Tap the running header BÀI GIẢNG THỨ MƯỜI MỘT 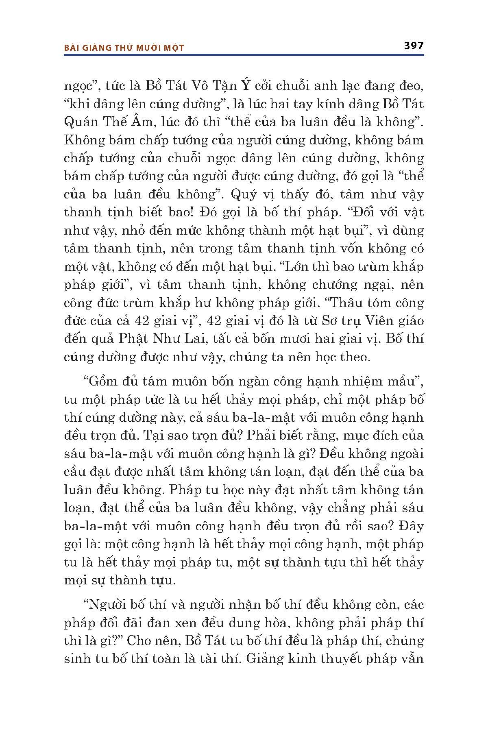(124, 48)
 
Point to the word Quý (244, 195)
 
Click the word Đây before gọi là (412, 526)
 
